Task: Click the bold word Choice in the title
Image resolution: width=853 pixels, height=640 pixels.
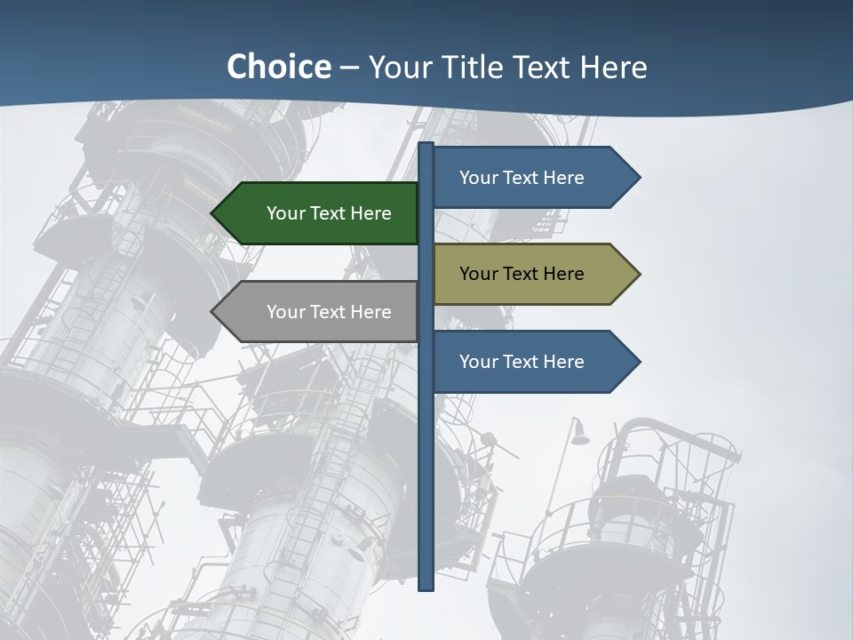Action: click(x=278, y=67)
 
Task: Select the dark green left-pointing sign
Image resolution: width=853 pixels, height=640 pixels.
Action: click(x=320, y=213)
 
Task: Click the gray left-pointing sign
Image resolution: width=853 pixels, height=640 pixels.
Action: click(x=320, y=312)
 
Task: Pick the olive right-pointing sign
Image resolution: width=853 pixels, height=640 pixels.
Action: click(x=530, y=274)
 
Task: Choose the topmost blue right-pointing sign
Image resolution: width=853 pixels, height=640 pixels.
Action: click(x=530, y=178)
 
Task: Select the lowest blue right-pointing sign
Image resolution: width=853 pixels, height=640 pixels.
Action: click(x=530, y=362)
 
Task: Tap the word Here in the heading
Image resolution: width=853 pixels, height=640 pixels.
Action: click(x=613, y=67)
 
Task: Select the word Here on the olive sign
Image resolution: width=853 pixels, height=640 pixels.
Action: click(x=563, y=274)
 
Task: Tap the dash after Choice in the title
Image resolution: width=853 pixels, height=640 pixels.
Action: click(x=349, y=68)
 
